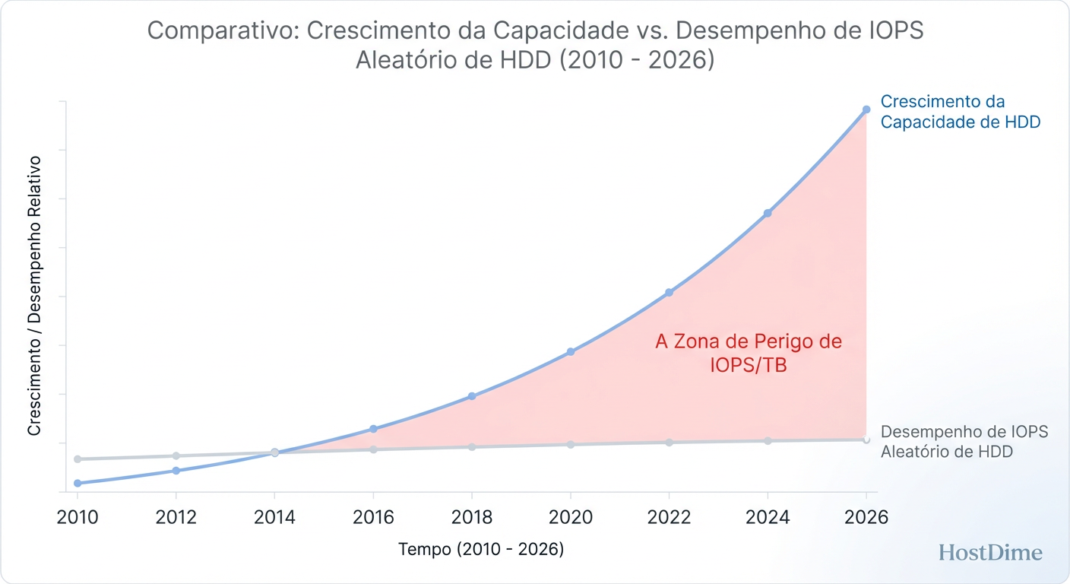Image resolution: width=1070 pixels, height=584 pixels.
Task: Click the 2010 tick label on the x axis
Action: tap(78, 518)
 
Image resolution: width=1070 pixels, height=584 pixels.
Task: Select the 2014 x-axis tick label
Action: tap(274, 518)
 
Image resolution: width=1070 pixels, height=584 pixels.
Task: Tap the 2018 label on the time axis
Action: tap(472, 518)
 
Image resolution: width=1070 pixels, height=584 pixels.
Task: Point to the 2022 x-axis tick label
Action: tap(669, 518)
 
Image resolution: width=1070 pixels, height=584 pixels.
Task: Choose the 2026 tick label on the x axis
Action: tap(866, 518)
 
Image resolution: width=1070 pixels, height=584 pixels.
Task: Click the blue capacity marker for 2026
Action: tap(866, 109)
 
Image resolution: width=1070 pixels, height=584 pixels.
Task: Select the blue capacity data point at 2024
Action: tap(768, 213)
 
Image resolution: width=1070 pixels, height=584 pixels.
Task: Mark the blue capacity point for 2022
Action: tap(669, 293)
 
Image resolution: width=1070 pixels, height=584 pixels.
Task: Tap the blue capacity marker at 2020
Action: tap(571, 352)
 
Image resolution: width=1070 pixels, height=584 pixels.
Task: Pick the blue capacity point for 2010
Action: tap(78, 483)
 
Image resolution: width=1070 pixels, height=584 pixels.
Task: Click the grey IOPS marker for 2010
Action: tap(78, 459)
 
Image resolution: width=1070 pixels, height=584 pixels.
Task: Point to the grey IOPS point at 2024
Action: tap(768, 441)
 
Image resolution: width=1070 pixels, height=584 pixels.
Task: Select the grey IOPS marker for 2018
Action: tap(472, 446)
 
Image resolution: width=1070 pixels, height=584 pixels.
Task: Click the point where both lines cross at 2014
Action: tap(274, 452)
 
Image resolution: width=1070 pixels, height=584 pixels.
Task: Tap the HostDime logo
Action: tap(990, 553)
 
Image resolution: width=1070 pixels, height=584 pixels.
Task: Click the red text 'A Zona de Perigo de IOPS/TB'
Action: tap(749, 354)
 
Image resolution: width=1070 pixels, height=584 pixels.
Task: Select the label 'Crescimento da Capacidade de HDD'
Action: tap(960, 112)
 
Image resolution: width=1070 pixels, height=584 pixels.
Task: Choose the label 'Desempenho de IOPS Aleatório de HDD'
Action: tap(964, 441)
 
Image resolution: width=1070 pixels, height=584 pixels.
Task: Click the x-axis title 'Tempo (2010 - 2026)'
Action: tap(481, 550)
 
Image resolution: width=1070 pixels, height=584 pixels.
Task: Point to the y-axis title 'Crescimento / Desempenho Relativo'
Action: tap(34, 295)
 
